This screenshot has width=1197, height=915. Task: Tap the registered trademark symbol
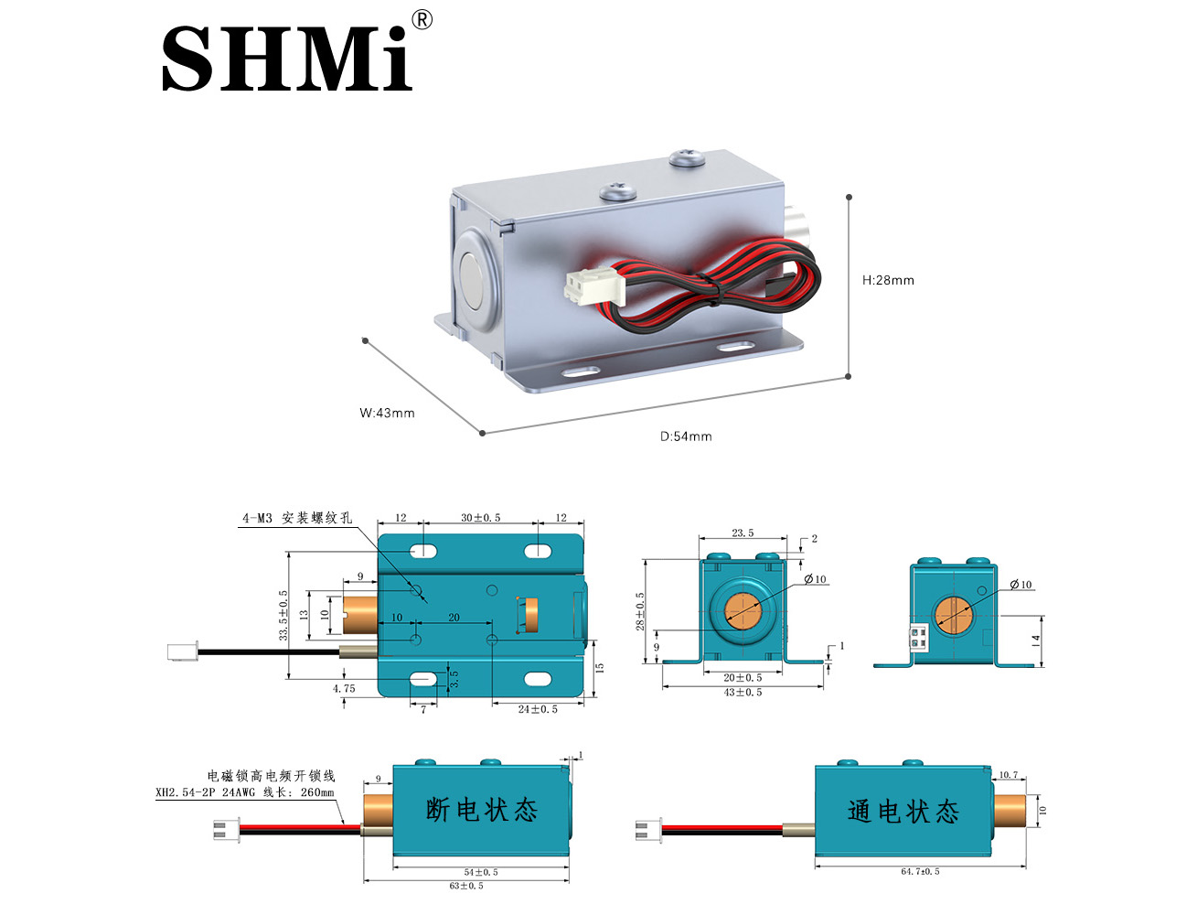pos(422,20)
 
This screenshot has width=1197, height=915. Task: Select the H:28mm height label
pos(888,280)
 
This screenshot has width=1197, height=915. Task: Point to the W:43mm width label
pos(387,413)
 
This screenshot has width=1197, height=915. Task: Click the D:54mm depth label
pos(686,436)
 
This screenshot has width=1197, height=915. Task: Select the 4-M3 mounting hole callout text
pos(296,518)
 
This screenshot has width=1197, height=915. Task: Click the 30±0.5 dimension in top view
pos(480,518)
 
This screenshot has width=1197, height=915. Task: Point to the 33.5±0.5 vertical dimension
pos(283,614)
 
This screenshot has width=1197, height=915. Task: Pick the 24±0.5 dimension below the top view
pos(538,709)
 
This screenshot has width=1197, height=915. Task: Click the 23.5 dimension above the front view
pos(743,533)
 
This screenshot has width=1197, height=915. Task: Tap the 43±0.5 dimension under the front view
pos(743,693)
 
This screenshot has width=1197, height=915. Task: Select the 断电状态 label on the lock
pos(481,810)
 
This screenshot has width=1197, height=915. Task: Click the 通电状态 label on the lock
pos(903,812)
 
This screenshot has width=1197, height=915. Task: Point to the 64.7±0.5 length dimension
pos(920,871)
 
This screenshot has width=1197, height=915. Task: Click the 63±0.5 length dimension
pos(466,886)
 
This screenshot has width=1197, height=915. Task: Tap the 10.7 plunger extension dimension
pos(1008,775)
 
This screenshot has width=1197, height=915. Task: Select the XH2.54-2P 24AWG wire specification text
pos(244,792)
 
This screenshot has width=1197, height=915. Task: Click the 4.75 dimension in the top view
pos(344,688)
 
